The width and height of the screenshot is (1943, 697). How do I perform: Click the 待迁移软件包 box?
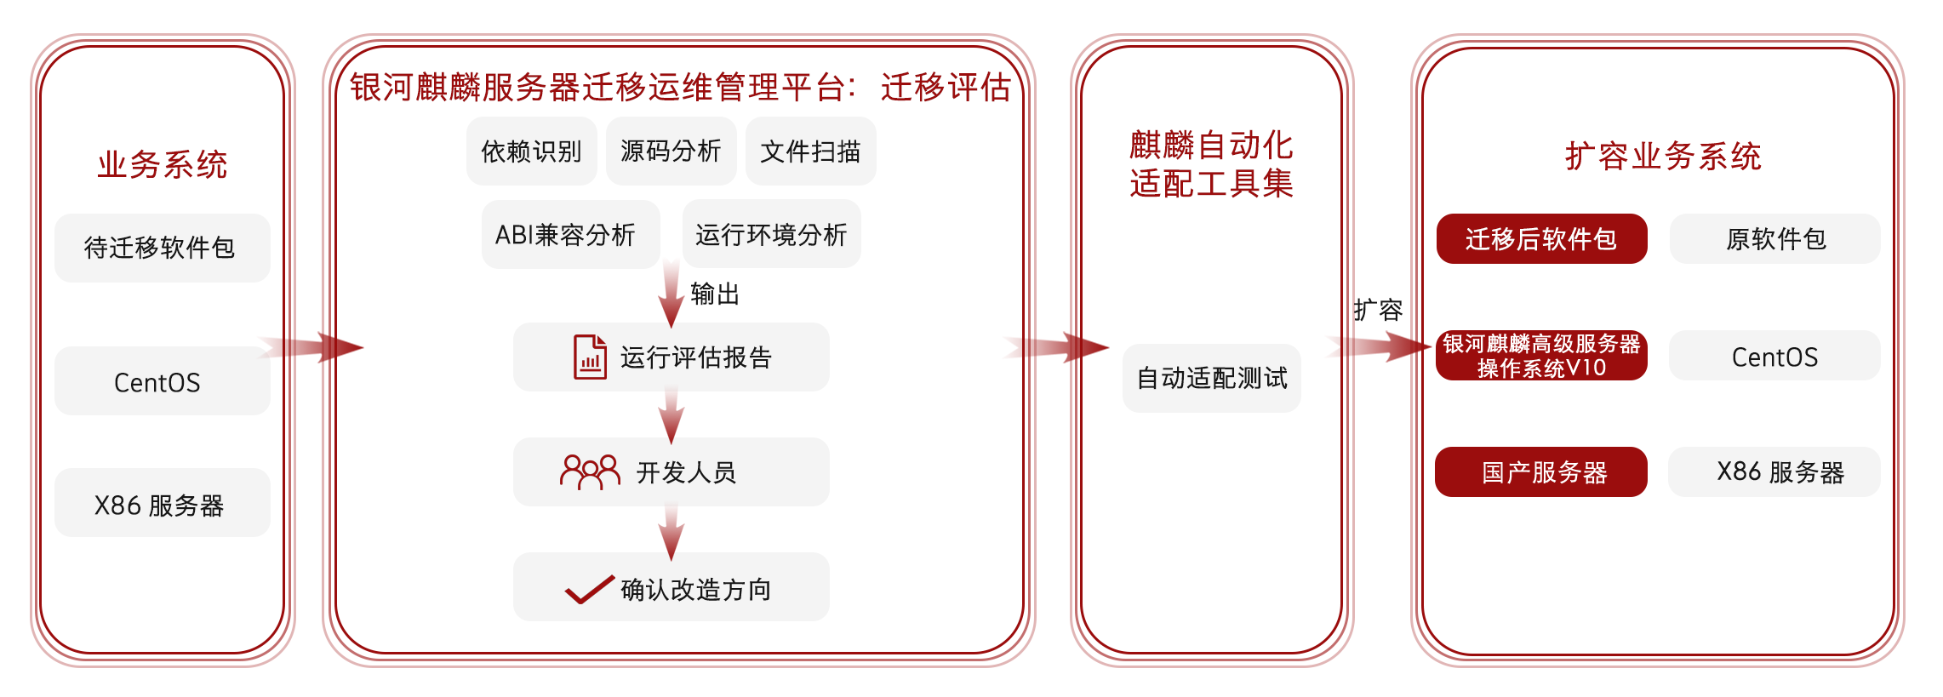(x=162, y=248)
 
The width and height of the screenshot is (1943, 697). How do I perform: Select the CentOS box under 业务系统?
(x=162, y=381)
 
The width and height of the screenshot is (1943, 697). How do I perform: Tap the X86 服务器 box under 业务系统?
(x=162, y=504)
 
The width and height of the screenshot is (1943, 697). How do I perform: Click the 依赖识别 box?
(x=531, y=151)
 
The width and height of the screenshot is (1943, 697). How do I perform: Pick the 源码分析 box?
(x=671, y=151)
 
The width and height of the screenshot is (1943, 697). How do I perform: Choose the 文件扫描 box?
(x=810, y=151)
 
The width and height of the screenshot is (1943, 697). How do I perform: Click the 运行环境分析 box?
(x=771, y=234)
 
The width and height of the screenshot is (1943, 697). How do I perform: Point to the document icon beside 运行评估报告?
(x=590, y=357)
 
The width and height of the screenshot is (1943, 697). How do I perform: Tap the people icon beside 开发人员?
(x=590, y=471)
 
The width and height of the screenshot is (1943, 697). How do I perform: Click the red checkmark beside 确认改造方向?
(x=589, y=589)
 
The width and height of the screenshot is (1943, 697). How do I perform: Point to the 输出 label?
(x=715, y=294)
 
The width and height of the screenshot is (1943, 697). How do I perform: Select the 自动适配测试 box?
(x=1211, y=378)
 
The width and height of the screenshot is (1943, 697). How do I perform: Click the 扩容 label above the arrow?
(x=1378, y=310)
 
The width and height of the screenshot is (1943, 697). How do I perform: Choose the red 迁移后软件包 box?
(x=1541, y=239)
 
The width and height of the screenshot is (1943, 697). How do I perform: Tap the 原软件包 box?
(x=1775, y=239)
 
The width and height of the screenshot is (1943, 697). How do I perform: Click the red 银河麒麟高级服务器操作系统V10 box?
(x=1541, y=356)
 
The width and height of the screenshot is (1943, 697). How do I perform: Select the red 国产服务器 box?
(x=1541, y=471)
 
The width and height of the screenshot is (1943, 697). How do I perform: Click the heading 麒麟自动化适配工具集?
(x=1211, y=164)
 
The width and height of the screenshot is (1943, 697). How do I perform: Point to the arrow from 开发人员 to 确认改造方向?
(x=671, y=531)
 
